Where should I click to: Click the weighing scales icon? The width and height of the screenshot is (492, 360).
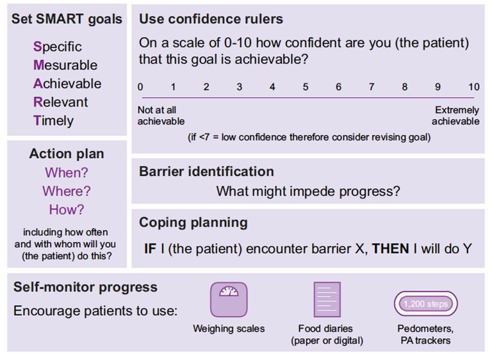[x=229, y=299]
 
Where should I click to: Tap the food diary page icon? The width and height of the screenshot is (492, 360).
[x=327, y=299]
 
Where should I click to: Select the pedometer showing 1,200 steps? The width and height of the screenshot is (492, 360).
[x=426, y=304]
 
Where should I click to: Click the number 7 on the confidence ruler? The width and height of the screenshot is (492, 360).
[x=372, y=86]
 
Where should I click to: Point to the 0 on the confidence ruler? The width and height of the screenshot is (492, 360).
[x=140, y=86]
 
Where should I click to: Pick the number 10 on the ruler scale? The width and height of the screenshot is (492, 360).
[x=474, y=86]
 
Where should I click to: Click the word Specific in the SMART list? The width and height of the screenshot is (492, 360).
[x=58, y=47]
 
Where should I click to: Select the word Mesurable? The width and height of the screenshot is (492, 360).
[x=65, y=65]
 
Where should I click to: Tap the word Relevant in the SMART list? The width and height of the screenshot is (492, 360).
[x=61, y=102]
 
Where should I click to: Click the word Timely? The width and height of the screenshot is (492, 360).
[x=53, y=121]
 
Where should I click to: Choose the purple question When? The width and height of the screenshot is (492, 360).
[x=67, y=172]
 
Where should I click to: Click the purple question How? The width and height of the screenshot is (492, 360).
[x=67, y=209]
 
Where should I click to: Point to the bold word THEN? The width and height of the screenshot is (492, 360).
[x=390, y=249]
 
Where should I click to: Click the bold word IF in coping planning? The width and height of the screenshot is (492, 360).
[x=150, y=249]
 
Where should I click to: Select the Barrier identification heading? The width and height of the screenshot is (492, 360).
[x=206, y=172]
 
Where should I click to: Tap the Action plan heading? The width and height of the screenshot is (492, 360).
[x=67, y=154]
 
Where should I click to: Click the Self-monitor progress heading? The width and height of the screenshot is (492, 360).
[x=85, y=287]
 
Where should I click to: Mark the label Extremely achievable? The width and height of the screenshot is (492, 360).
[x=455, y=115]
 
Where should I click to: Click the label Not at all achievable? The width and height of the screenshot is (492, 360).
[x=161, y=115]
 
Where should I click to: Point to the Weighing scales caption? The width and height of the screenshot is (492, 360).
[x=229, y=329]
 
